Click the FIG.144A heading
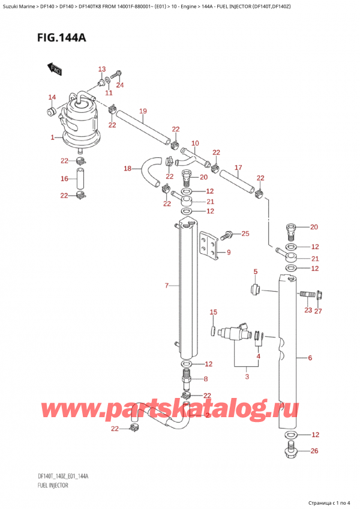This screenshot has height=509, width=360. pos(61,38)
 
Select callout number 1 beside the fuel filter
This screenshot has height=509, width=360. pos(52,137)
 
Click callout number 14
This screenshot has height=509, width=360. pos(52,97)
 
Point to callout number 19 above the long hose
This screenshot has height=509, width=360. pos(143,111)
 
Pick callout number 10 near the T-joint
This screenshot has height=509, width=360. pos(195,143)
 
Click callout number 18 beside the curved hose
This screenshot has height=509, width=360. pos(128,168)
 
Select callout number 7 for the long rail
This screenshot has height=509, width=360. pos(167,286)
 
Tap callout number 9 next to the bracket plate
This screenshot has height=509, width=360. pos(229,252)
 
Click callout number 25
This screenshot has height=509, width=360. pos(245,233)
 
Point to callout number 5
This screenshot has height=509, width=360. pos(256,271)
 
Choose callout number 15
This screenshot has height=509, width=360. pos(213,312)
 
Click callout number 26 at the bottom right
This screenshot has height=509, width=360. pos(314,451)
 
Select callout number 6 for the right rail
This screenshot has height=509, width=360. pos(310,358)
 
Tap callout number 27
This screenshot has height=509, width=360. pos(318,311)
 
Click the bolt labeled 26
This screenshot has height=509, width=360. pos(290,451)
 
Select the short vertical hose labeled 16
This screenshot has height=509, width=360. pos(80,178)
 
